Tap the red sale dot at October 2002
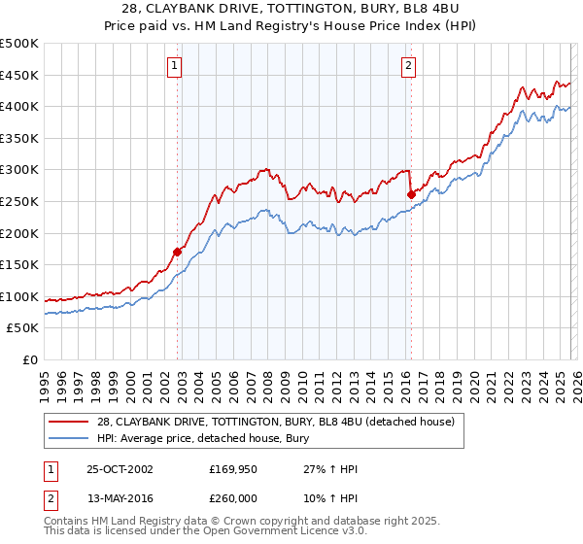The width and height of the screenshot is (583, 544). [x=178, y=252]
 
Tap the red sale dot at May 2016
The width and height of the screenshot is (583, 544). [x=411, y=194]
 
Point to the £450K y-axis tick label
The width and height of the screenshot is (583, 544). [x=19, y=75]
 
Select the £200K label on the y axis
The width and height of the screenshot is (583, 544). [x=19, y=233]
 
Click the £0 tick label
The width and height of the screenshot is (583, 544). [x=29, y=359]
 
